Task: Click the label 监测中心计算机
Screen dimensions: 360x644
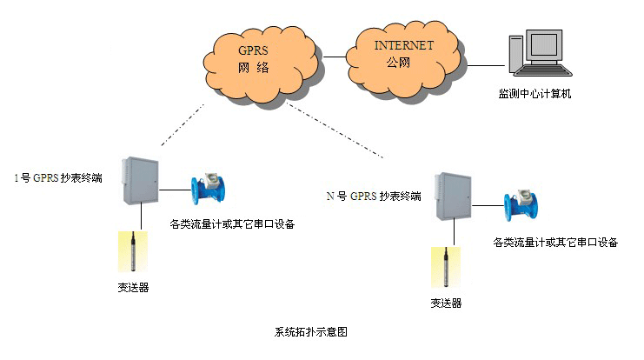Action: point(539,92)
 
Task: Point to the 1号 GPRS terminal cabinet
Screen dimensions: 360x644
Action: point(142,183)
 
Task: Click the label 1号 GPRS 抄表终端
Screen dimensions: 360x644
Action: point(58,177)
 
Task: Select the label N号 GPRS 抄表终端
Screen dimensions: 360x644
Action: point(374,197)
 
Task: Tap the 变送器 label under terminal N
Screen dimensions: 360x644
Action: point(446,303)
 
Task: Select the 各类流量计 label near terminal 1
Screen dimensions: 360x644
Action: point(231,224)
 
